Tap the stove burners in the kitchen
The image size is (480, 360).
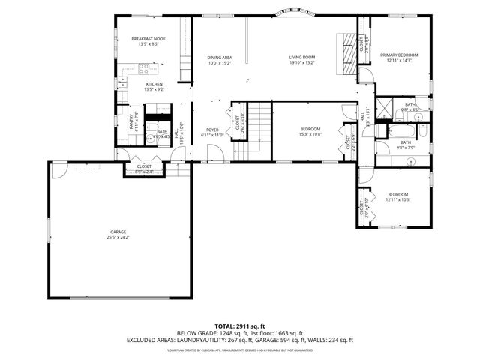[x=141, y=69]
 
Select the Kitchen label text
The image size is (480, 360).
[x=154, y=84]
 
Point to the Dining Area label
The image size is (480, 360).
[x=219, y=58]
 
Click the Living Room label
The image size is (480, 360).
[x=302, y=58]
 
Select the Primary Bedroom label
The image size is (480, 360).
[x=398, y=55]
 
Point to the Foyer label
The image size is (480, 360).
[x=212, y=130]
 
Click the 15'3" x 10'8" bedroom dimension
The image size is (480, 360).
[x=310, y=134]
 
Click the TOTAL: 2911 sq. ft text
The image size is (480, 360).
[x=239, y=325]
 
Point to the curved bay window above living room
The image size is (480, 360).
[x=288, y=12]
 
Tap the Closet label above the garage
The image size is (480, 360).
[x=143, y=166]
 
